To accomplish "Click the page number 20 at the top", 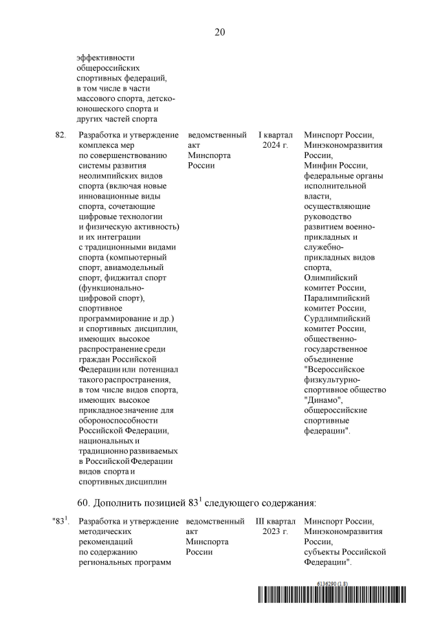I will pos(220,32).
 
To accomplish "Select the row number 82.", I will pos(60,135).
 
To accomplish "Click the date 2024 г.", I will pos(275,146).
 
